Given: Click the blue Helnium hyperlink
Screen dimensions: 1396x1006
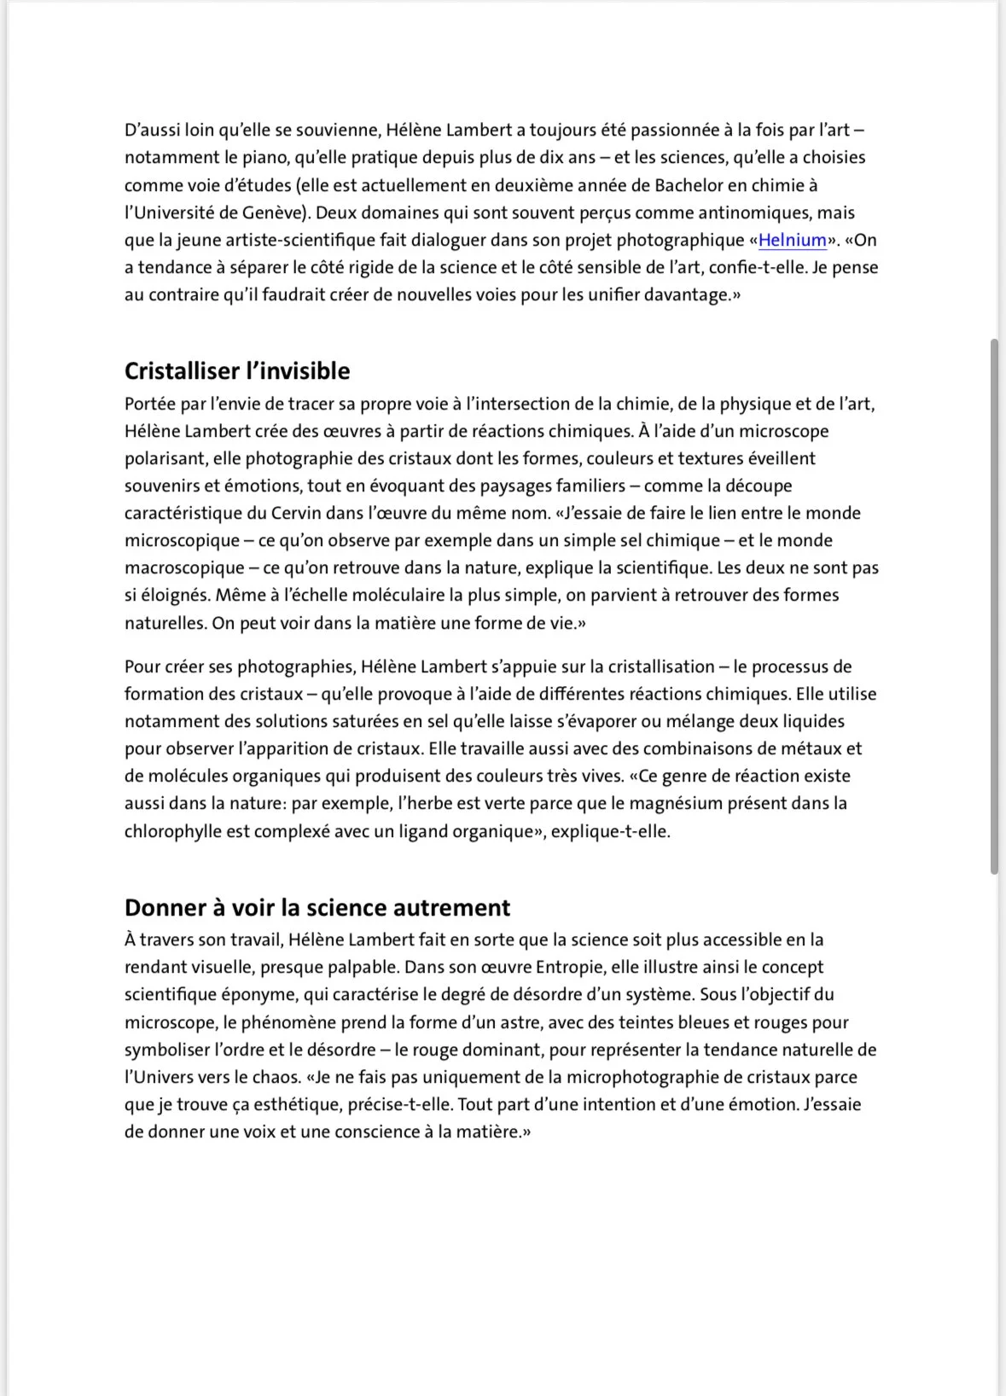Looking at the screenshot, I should [x=793, y=240].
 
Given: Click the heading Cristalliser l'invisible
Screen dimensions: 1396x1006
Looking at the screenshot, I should [x=237, y=371].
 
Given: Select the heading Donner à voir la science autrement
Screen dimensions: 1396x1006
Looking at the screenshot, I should [x=317, y=907].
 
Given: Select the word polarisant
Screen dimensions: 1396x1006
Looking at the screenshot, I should [x=164, y=458].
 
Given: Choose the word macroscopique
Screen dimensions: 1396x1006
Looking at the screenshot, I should [x=183, y=567].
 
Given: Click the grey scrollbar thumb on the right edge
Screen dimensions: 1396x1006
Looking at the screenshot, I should [x=994, y=606].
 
